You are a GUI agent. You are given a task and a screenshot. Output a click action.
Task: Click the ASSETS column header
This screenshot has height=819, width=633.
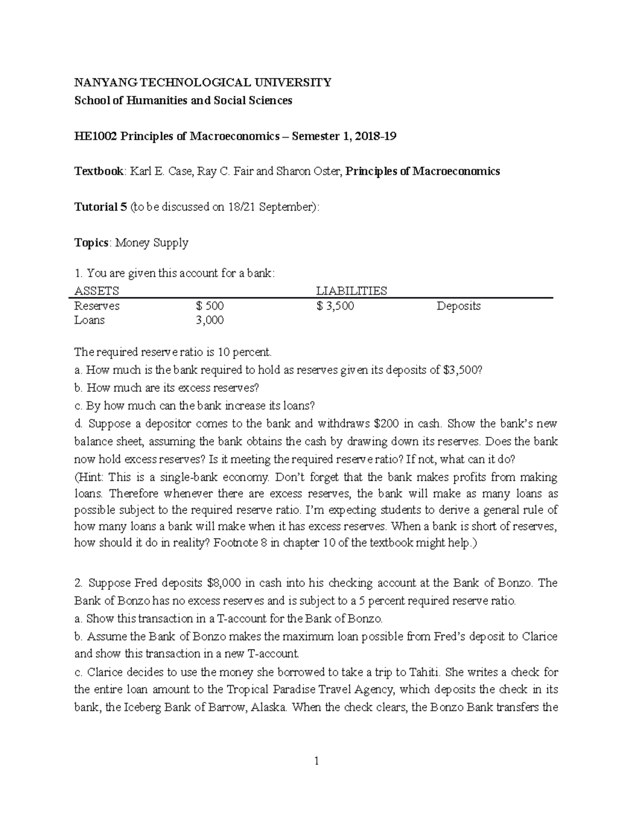coord(97,291)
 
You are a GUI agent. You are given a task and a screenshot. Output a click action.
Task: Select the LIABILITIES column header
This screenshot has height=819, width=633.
coord(351,291)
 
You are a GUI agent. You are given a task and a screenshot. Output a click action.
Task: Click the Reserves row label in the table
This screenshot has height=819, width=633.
coord(97,306)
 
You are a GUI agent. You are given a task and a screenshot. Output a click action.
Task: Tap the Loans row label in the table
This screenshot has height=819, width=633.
coord(90,320)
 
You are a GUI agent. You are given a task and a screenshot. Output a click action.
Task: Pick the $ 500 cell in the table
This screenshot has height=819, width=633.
coord(209,306)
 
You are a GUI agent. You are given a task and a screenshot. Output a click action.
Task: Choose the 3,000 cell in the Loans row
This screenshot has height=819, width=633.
coord(209,320)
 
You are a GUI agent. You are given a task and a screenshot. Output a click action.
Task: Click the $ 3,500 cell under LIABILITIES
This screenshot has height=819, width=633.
coord(335,306)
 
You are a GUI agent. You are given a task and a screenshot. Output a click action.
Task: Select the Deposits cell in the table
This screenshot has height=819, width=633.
coord(458,306)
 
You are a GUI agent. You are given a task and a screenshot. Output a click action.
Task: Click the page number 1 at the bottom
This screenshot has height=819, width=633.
coord(316,760)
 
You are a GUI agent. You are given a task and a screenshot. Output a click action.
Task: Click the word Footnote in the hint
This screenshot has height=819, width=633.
coord(234,543)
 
